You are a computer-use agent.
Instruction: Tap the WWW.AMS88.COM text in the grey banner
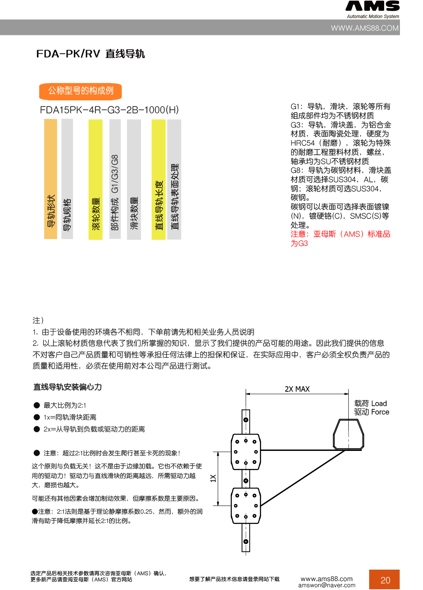tap(365, 28)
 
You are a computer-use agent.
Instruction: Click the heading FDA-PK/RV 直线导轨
tap(90, 54)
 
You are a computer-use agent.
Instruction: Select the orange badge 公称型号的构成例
tap(80, 91)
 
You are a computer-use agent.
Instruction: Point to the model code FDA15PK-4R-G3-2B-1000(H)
tap(109, 110)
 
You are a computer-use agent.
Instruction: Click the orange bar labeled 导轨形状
tap(51, 179)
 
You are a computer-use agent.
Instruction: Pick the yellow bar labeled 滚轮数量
tap(95, 179)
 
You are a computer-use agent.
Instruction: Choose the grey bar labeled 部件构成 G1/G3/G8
tap(115, 179)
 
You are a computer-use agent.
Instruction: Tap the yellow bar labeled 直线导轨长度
tap(158, 179)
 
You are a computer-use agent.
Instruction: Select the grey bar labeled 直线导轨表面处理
tap(174, 179)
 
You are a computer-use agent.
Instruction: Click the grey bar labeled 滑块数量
tap(134, 179)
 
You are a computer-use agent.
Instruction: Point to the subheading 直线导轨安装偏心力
tap(67, 387)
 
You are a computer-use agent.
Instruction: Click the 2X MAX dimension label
tap(297, 389)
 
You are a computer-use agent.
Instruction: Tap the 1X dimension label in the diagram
tap(213, 478)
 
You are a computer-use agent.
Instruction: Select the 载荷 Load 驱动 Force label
tap(371, 408)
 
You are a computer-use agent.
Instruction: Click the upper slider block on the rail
tap(246, 452)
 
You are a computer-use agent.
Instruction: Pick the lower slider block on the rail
tap(246, 506)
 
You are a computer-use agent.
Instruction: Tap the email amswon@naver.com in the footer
tap(326, 585)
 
